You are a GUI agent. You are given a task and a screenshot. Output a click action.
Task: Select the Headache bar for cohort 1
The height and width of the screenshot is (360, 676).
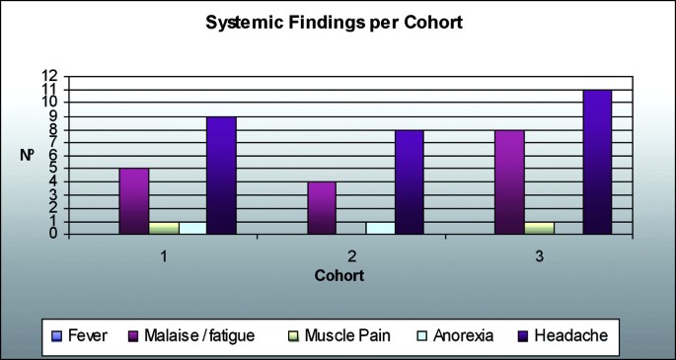pos(221,176)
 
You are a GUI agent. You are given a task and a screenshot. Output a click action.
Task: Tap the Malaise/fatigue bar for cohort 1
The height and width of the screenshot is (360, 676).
pos(134,201)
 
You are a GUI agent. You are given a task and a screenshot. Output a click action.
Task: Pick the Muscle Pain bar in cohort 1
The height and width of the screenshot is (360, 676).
pos(164,228)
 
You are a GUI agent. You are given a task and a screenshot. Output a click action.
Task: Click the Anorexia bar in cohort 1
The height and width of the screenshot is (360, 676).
pos(192,228)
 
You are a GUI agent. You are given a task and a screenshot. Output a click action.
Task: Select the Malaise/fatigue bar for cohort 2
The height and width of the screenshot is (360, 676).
pos(322,208)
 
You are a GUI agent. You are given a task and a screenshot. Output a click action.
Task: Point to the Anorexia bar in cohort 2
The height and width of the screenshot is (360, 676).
pos(380,228)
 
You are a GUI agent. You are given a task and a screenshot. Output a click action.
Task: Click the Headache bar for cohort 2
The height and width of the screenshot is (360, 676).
pos(409,182)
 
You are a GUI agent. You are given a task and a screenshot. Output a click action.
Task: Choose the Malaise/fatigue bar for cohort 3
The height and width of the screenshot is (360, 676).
pos(509,182)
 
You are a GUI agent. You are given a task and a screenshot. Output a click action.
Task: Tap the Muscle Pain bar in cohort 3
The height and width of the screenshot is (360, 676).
pos(539,228)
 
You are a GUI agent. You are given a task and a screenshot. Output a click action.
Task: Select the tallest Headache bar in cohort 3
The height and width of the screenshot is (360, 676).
pos(596,163)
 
